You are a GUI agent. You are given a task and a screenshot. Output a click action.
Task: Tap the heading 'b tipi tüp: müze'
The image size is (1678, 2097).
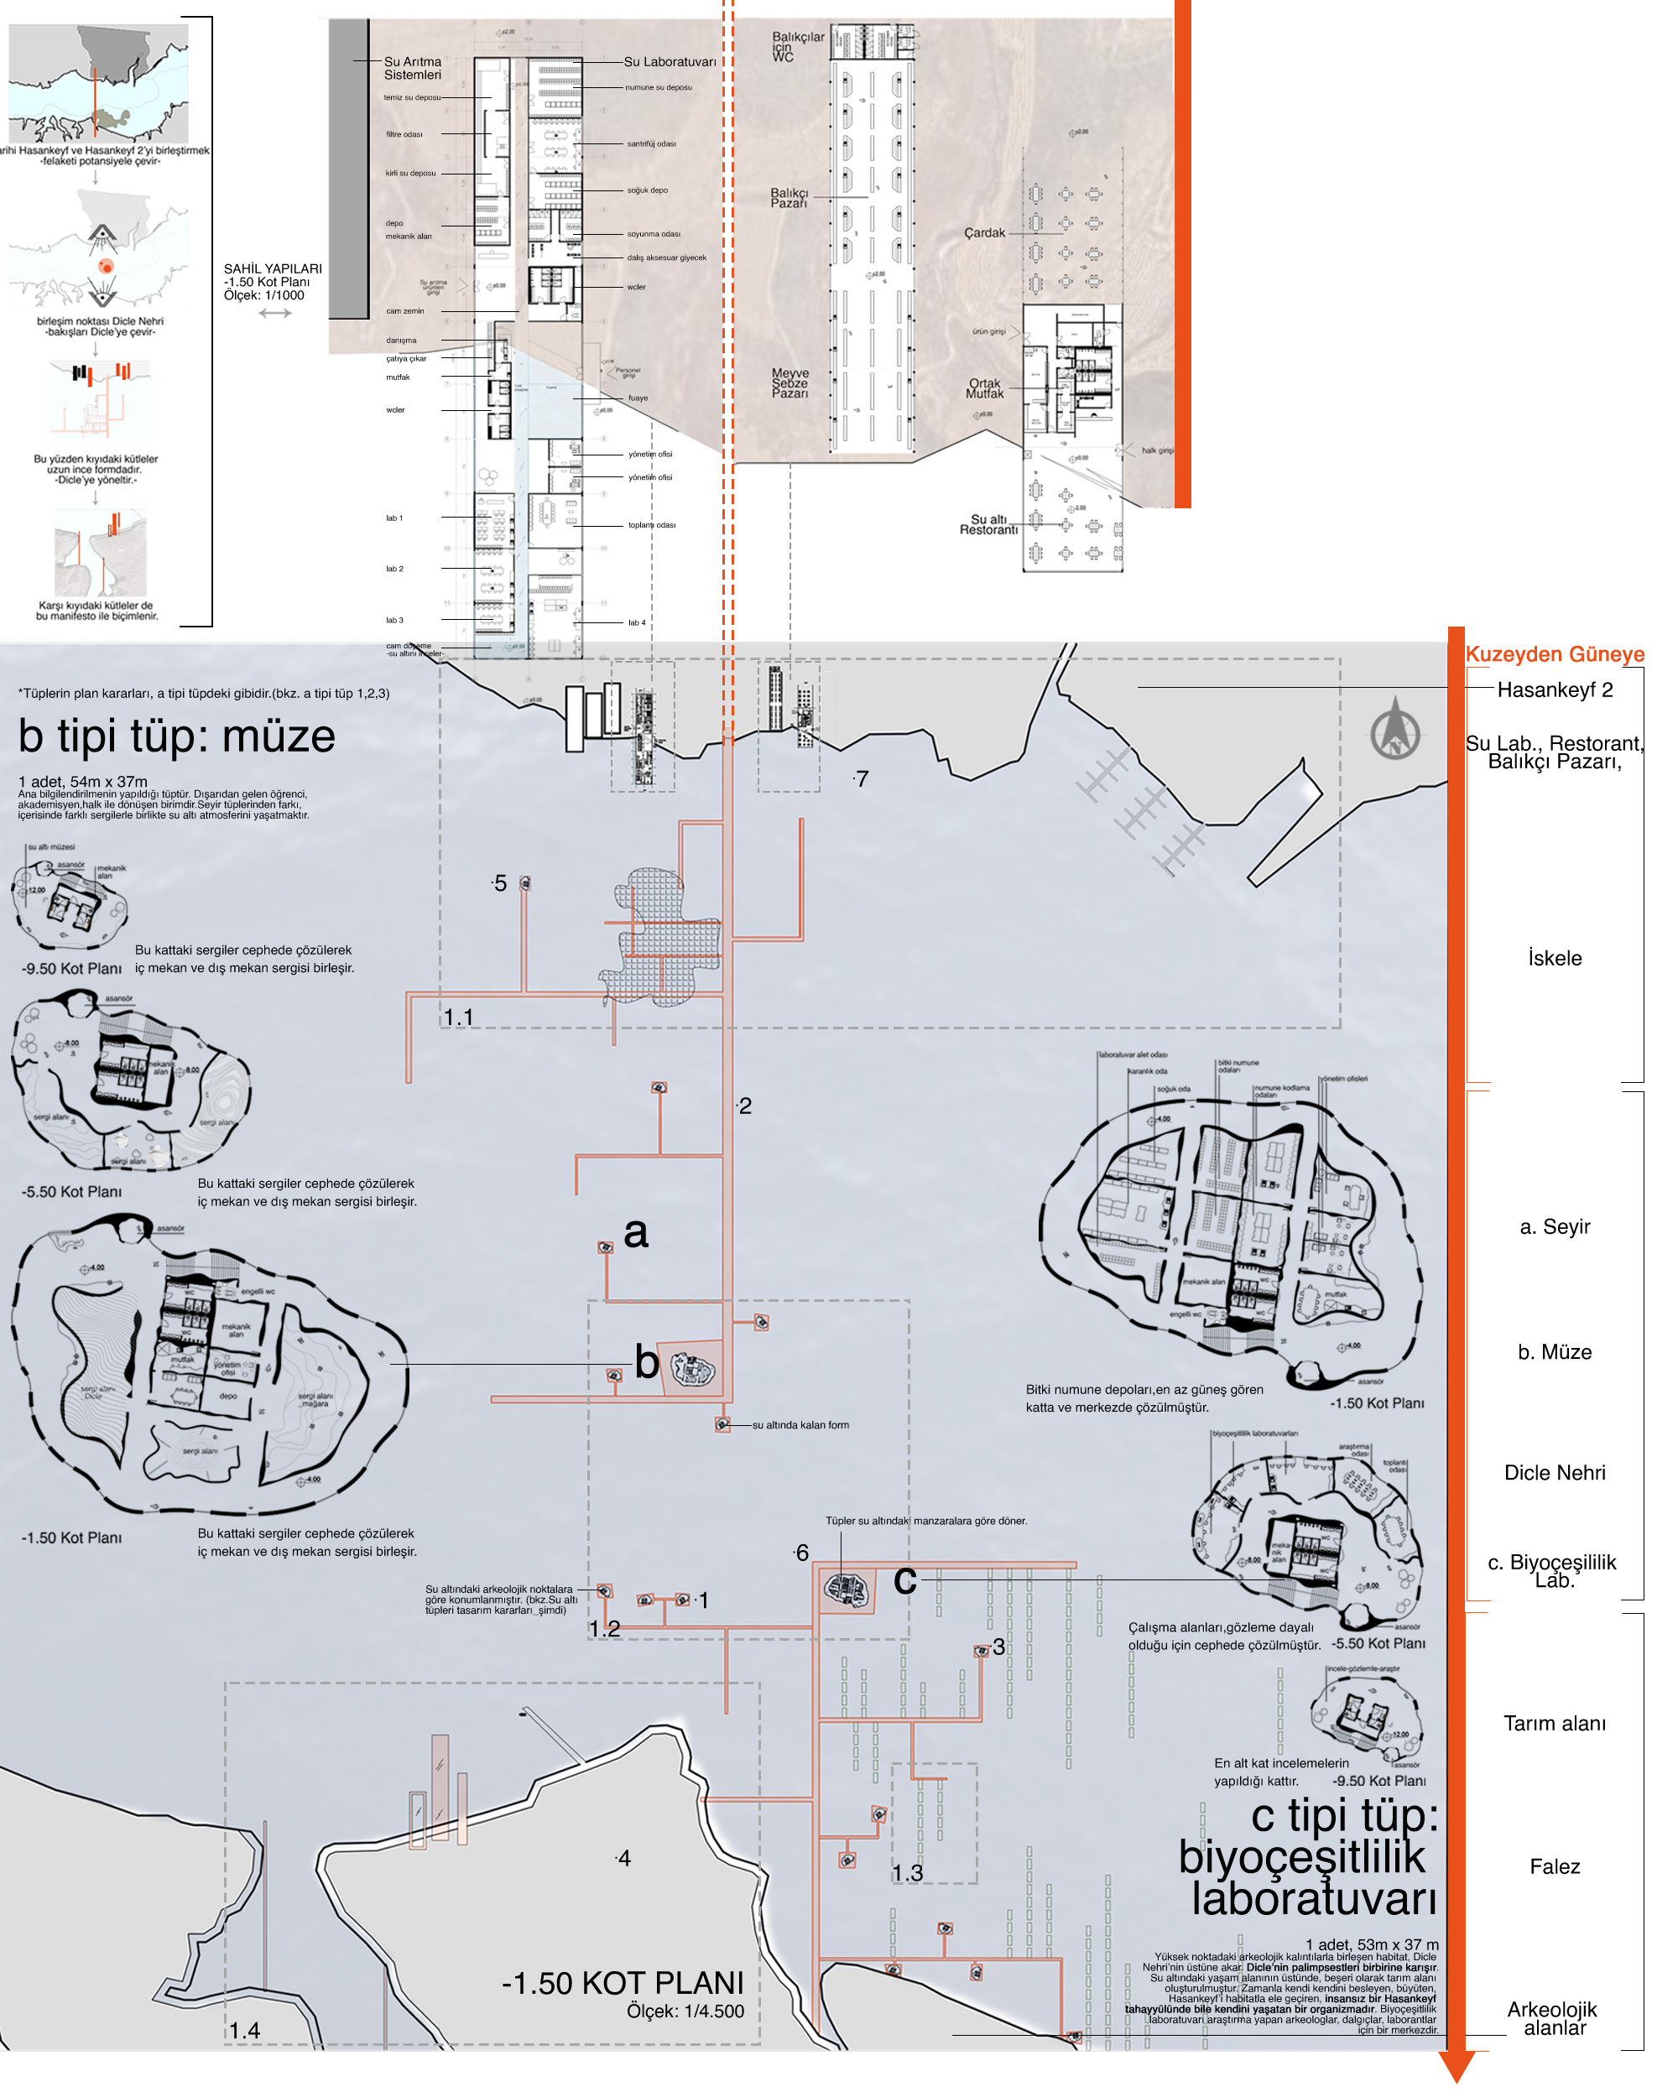pyautogui.click(x=176, y=736)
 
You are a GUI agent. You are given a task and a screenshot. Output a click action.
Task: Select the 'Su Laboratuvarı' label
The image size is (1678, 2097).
pyautogui.click(x=670, y=61)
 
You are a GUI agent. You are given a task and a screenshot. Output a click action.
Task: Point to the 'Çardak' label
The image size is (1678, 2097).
pyautogui.click(x=983, y=232)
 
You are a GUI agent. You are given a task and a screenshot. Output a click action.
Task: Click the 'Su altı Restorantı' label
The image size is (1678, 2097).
pyautogui.click(x=988, y=524)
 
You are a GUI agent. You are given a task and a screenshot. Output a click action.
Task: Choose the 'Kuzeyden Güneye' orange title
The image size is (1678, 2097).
pyautogui.click(x=1554, y=653)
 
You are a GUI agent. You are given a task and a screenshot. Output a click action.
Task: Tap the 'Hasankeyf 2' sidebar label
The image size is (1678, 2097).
pyautogui.click(x=1554, y=689)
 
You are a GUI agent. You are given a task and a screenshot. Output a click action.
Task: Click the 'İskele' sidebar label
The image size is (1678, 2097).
pyautogui.click(x=1554, y=958)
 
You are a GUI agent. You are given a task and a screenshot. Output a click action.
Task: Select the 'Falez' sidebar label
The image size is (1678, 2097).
pyautogui.click(x=1554, y=1866)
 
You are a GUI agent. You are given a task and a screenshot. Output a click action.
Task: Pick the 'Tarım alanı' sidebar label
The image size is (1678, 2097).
pyautogui.click(x=1554, y=1724)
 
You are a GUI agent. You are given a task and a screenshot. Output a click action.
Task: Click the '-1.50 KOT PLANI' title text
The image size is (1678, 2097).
pyautogui.click(x=623, y=1983)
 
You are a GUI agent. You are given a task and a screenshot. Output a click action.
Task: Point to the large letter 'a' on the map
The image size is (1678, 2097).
pyautogui.click(x=635, y=1232)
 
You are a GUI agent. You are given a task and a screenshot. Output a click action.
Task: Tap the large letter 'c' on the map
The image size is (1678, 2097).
pyautogui.click(x=904, y=1579)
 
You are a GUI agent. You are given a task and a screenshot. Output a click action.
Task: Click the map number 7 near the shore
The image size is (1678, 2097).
pyautogui.click(x=862, y=779)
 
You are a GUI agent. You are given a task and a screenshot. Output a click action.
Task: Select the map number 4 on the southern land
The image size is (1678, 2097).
pyautogui.click(x=624, y=1859)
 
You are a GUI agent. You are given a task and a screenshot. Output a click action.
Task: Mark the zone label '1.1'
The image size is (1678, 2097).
pyautogui.click(x=458, y=1017)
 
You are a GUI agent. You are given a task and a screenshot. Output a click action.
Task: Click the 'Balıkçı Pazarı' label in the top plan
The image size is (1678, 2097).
pyautogui.click(x=789, y=197)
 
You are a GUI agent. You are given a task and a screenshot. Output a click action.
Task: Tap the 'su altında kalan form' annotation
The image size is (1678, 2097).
pyautogui.click(x=800, y=1425)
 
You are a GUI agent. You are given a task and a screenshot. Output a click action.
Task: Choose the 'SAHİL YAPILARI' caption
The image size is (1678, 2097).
pyautogui.click(x=273, y=268)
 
